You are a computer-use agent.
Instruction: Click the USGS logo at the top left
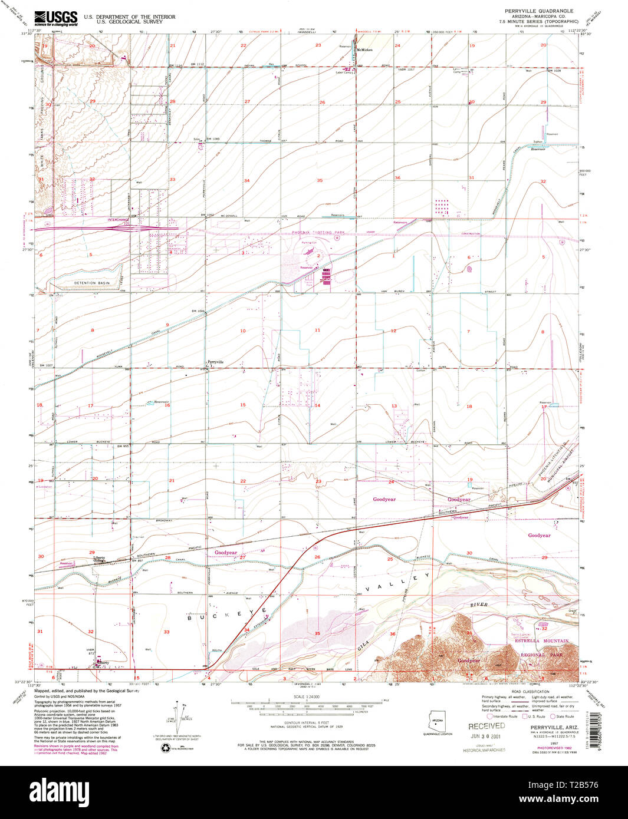point(55,19)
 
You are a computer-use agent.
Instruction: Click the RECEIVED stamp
point(486,726)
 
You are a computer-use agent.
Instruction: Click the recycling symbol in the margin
point(165,748)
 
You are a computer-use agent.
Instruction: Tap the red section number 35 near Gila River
point(317,633)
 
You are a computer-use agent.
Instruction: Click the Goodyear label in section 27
point(226,553)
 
